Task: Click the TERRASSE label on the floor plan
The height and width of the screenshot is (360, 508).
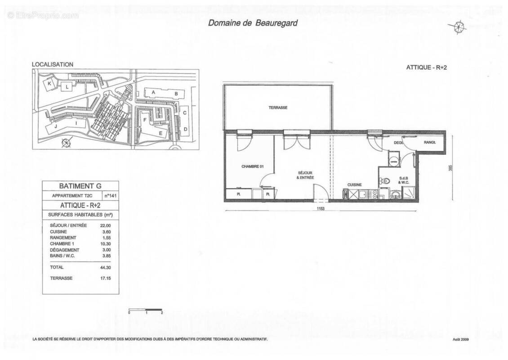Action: [278, 108]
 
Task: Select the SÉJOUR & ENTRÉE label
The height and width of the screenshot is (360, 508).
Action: [305, 175]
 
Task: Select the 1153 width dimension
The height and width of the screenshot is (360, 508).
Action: [321, 209]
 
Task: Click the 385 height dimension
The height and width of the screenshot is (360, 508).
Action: [450, 167]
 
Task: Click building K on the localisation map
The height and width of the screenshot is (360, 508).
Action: [50, 84]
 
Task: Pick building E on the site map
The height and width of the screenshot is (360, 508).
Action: [160, 133]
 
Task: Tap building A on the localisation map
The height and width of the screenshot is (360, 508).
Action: [153, 92]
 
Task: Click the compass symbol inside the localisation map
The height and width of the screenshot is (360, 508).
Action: [66, 143]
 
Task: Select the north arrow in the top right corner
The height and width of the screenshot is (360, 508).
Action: [459, 27]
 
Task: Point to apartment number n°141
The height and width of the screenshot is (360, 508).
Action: [110, 196]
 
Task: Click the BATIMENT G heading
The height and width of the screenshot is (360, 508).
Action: [80, 186]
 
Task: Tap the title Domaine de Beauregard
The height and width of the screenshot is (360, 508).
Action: [252, 23]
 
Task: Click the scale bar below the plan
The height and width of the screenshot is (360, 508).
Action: [145, 310]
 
